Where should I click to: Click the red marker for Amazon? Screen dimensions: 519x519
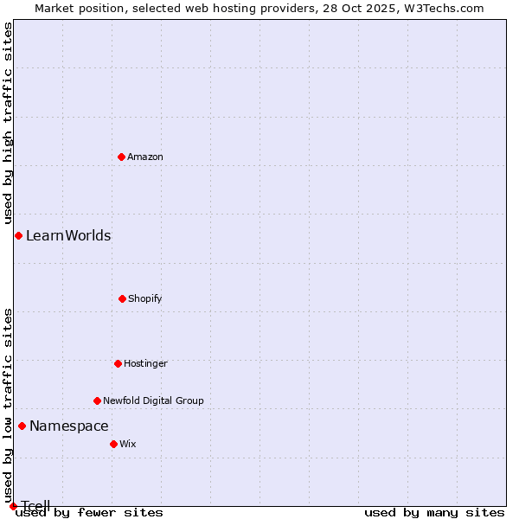point(121,157)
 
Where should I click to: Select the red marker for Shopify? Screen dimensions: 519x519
point(122,298)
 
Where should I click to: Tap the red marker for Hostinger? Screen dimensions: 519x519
point(118,363)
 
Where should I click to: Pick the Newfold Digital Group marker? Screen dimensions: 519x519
point(97,400)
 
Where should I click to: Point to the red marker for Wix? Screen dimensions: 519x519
point(113,444)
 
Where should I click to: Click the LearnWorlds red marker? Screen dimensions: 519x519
point(18,235)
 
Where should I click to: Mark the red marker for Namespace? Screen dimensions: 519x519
point(22,426)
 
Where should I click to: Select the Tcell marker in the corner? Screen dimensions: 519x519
point(13,506)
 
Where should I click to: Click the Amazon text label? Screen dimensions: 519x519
point(145,157)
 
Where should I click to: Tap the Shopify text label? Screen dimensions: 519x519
point(145,298)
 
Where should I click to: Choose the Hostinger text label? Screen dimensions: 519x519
point(145,363)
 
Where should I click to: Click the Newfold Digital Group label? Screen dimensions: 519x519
point(153,400)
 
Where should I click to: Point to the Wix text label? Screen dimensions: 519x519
point(128,444)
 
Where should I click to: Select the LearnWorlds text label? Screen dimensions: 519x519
point(68,235)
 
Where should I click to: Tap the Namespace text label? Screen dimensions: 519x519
point(69,426)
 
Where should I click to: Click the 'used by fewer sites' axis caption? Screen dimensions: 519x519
point(89,512)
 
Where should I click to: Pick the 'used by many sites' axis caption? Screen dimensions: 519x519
point(434,512)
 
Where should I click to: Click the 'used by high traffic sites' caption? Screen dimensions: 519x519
point(8,124)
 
